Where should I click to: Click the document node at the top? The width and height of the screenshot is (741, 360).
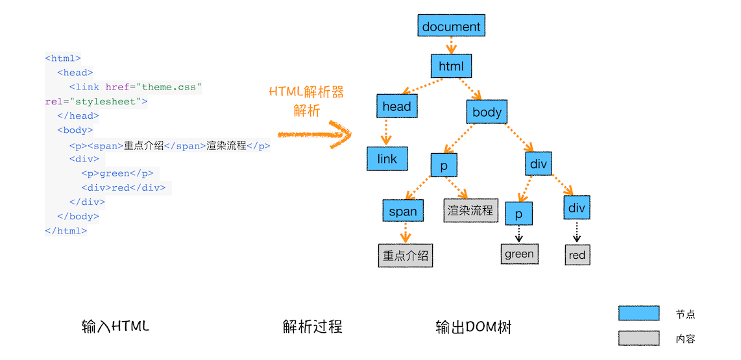pyautogui.click(x=451, y=27)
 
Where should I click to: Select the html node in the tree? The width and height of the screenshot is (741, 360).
pyautogui.click(x=451, y=66)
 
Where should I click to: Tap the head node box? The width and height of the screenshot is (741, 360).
pyautogui.click(x=396, y=106)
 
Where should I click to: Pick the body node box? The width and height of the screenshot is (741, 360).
pyautogui.click(x=487, y=112)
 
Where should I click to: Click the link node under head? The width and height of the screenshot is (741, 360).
pyautogui.click(x=387, y=159)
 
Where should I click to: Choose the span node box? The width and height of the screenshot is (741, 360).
pyautogui.click(x=403, y=211)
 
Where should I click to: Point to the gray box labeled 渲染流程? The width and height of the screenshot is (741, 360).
pyautogui.click(x=470, y=211)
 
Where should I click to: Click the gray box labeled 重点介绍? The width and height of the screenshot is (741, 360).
pyautogui.click(x=406, y=256)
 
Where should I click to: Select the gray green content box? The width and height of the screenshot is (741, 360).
pyautogui.click(x=519, y=254)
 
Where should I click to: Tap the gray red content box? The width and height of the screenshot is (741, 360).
pyautogui.click(x=577, y=255)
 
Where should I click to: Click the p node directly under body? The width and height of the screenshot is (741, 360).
pyautogui.click(x=444, y=165)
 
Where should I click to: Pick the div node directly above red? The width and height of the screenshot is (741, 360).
pyautogui.click(x=576, y=208)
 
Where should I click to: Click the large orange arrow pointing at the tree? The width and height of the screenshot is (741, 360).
pyautogui.click(x=315, y=135)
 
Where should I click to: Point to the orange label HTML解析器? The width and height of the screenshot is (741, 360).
pyautogui.click(x=306, y=92)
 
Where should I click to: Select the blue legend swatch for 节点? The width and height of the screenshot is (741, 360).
pyautogui.click(x=638, y=313)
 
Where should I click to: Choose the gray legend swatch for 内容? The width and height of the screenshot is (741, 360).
pyautogui.click(x=638, y=338)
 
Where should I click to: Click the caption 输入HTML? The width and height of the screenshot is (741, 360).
pyautogui.click(x=115, y=326)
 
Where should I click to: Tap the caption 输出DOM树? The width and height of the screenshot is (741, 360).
pyautogui.click(x=473, y=328)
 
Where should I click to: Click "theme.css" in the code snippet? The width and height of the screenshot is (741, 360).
pyautogui.click(x=171, y=87)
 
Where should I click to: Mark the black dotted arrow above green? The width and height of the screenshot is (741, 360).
pyautogui.click(x=519, y=233)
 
